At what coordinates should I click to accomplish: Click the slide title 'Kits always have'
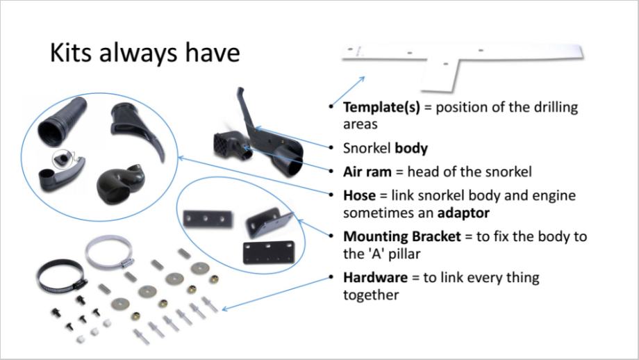tap(144, 54)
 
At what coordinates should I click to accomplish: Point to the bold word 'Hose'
tap(359, 195)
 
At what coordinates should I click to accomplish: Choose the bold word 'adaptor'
tap(461, 212)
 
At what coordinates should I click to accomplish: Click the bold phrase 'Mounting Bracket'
tap(402, 236)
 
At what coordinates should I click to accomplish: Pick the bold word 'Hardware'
tap(375, 278)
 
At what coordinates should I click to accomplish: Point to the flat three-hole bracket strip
tap(207, 219)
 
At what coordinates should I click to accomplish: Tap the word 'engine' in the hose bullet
tap(554, 195)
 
